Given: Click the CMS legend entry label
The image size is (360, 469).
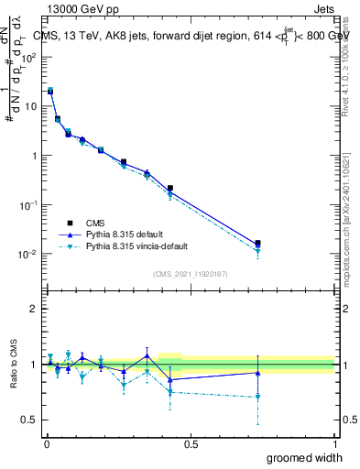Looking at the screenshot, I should (x=95, y=223).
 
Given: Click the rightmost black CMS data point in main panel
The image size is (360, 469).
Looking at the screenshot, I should (x=257, y=244).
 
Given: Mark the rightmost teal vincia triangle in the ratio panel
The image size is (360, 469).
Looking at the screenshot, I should (x=257, y=397).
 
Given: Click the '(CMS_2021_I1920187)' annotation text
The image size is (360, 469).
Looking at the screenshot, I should (x=190, y=273).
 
